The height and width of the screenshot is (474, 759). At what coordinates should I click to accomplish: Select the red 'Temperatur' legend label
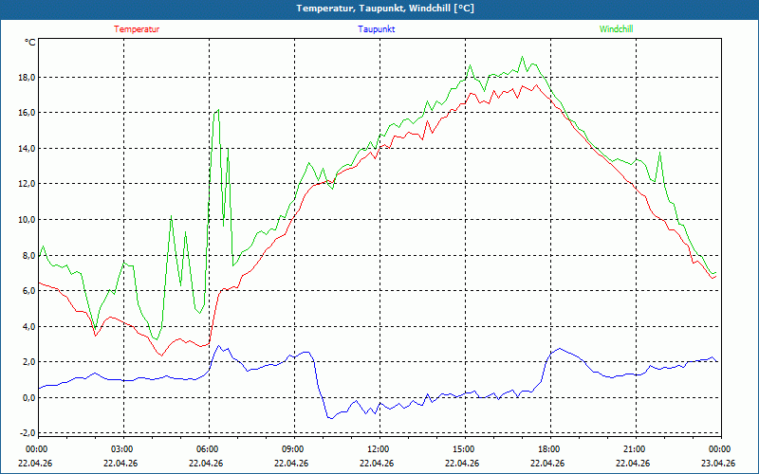pos(137,29)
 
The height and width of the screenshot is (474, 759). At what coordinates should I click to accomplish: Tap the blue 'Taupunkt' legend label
pos(377,29)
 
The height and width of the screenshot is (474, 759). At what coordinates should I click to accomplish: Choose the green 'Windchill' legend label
pos(617,29)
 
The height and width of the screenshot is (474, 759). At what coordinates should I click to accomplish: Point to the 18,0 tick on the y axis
pos(26,78)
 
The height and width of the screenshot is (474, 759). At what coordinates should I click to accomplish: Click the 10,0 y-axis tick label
pos(26,220)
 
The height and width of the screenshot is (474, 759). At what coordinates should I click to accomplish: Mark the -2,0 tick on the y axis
pos(26,433)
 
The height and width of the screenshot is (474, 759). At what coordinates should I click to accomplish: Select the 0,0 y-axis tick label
pos(26,398)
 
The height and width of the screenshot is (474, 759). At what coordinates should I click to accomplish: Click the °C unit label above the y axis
pos(30,43)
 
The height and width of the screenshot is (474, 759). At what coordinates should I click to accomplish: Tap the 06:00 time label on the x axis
pos(208,449)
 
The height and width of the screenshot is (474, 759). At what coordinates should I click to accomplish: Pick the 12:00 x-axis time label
pos(379,449)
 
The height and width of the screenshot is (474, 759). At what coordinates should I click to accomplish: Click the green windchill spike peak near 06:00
pos(218,110)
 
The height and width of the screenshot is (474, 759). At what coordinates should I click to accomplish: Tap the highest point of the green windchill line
pos(522,57)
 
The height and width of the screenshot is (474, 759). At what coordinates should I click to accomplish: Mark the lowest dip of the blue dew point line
pos(330,418)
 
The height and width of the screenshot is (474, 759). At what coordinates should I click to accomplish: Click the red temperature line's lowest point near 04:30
pos(161,355)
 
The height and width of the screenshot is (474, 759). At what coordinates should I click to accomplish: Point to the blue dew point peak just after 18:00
pos(559,349)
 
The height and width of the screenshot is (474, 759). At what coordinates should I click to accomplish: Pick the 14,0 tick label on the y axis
pos(26,149)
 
